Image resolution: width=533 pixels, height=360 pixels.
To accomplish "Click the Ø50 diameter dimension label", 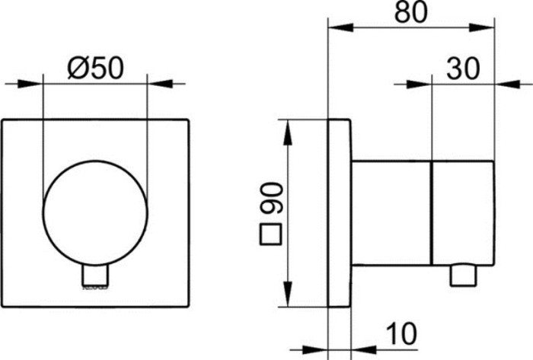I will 95,68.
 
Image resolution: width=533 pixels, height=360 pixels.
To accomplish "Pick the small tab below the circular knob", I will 95,277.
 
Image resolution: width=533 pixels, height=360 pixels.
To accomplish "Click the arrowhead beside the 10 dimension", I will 362,342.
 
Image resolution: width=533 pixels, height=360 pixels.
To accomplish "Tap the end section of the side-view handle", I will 462,212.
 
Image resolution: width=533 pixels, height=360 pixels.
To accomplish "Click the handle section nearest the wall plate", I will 391,212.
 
